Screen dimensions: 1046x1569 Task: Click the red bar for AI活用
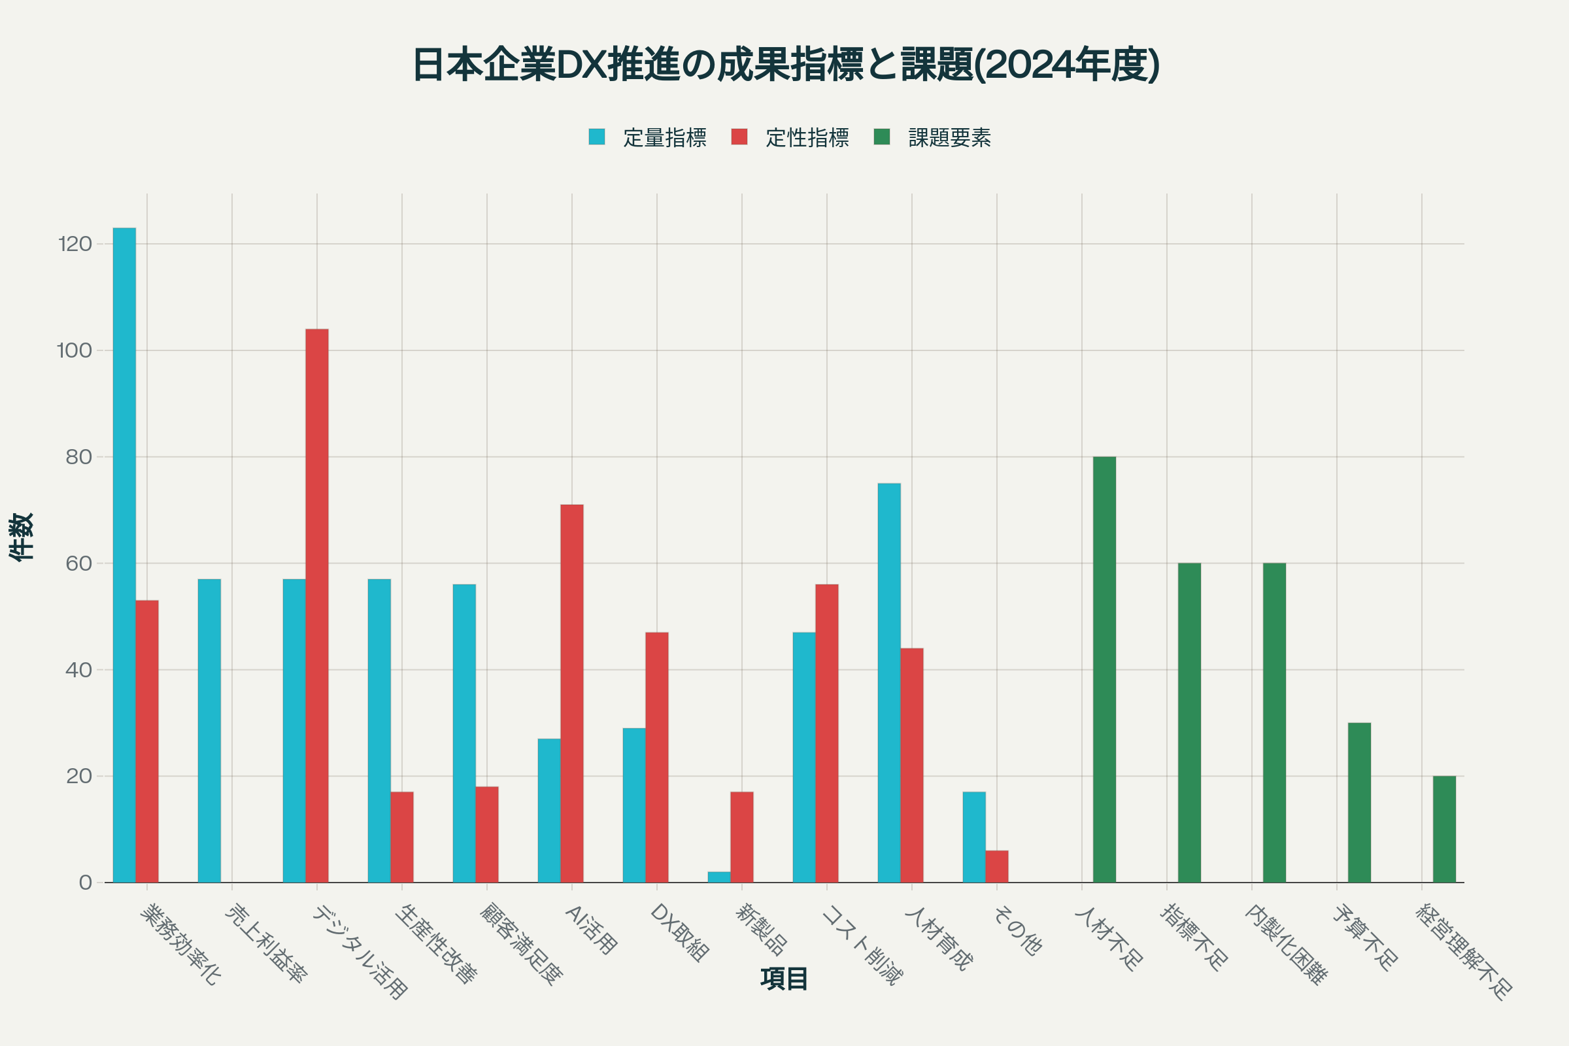[571, 694]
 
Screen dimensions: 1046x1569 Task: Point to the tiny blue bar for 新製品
[719, 877]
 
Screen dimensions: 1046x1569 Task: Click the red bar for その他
[996, 867]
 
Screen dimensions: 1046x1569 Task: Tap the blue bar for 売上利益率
[209, 730]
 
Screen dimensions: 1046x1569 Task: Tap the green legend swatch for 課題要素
[882, 137]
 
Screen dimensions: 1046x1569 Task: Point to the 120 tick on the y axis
[75, 244]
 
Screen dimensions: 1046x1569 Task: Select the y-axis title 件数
[22, 537]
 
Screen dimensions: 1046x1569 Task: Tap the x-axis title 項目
[784, 979]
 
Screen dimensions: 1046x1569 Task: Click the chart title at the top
[786, 65]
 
